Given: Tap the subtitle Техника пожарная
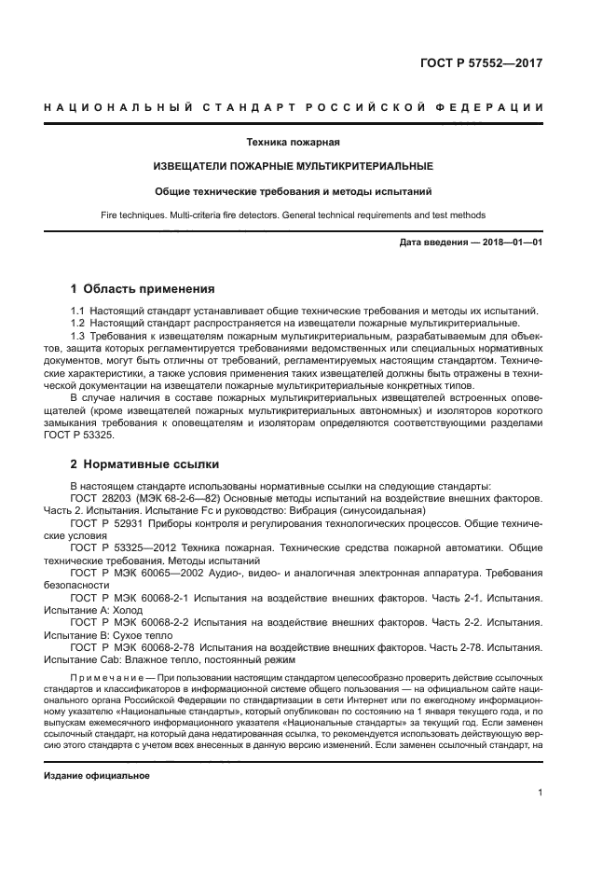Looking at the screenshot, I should click(x=293, y=143).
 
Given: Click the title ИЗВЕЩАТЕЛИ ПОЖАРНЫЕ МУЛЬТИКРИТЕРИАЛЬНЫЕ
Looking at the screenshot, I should click(x=293, y=166).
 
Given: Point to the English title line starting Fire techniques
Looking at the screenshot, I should click(x=293, y=215).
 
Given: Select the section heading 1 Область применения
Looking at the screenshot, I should click(x=143, y=288).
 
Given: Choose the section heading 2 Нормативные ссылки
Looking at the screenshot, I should click(x=143, y=464).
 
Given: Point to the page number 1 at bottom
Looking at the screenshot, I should click(x=540, y=793).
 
